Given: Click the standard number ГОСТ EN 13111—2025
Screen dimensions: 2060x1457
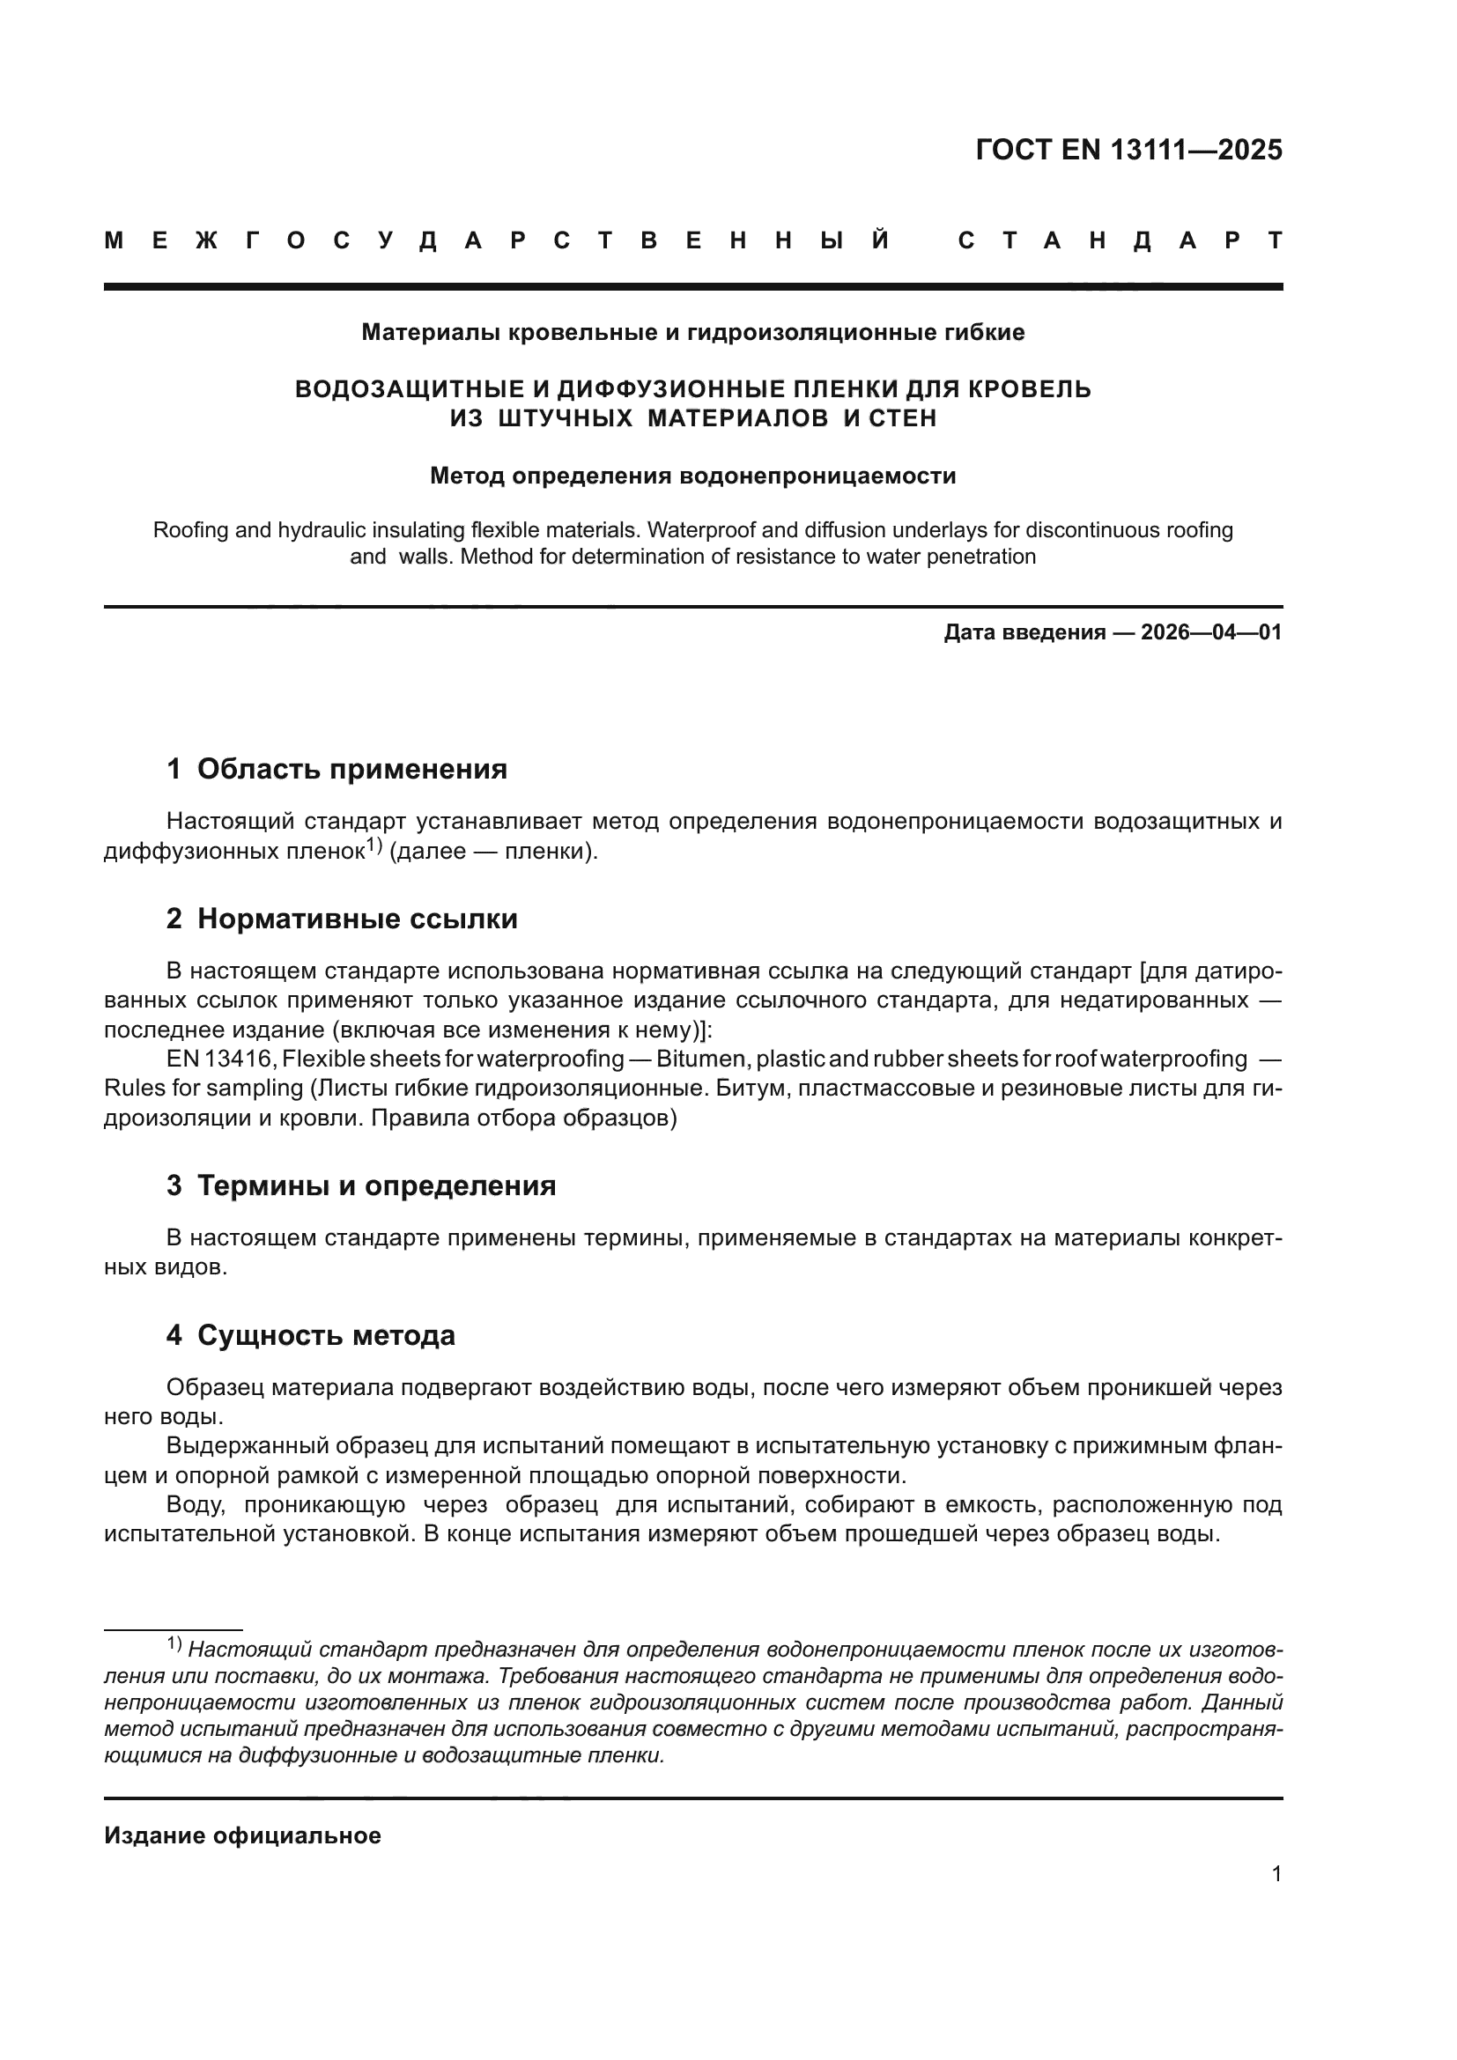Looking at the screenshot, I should (x=1128, y=150).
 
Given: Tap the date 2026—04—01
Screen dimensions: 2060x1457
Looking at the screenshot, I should (x=1211, y=632).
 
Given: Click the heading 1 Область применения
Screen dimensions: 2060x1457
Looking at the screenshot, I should (x=337, y=769).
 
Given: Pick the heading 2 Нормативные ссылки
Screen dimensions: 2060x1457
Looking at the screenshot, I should (x=342, y=919).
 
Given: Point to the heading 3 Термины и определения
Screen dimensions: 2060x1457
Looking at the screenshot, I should (x=360, y=1185).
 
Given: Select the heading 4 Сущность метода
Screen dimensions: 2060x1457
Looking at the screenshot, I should (x=310, y=1335).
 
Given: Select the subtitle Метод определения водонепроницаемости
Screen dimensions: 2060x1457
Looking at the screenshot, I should (x=692, y=476).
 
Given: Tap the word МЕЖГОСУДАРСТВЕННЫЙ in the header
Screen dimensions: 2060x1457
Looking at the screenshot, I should (x=496, y=240).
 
